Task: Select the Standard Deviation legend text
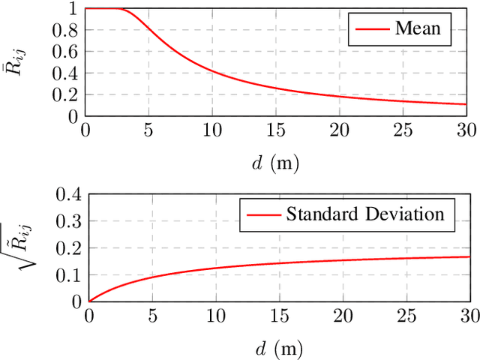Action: point(365,214)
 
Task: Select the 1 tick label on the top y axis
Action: point(73,10)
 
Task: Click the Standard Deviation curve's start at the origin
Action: point(89,301)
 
